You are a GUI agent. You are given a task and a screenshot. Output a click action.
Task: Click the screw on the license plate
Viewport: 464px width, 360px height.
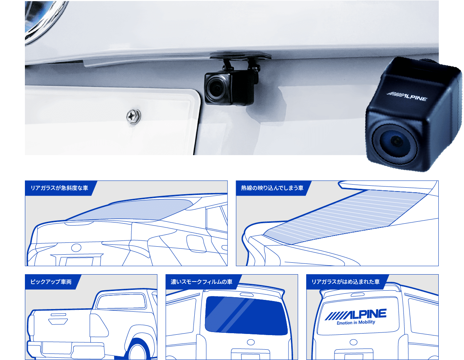133,116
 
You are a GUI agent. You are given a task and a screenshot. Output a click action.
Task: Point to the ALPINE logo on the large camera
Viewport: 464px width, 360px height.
407,97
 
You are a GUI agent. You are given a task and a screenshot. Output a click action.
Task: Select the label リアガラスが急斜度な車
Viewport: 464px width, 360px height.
59,188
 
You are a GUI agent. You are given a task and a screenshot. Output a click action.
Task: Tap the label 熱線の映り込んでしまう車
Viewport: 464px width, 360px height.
272,188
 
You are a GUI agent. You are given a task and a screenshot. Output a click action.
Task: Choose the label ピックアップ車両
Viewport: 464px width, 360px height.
51,282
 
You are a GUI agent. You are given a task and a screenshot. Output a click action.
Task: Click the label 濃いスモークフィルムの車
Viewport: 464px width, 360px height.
202,282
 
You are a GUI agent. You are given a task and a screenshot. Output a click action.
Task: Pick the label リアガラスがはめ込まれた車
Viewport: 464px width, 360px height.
346,282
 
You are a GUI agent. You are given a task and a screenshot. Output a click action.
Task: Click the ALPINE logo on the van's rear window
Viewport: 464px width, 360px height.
356,314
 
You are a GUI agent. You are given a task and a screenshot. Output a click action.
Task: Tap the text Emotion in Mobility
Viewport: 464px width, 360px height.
356,322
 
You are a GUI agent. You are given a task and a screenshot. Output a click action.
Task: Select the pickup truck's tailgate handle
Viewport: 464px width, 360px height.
58,321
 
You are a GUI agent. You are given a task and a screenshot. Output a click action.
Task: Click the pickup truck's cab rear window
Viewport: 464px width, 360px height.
121,301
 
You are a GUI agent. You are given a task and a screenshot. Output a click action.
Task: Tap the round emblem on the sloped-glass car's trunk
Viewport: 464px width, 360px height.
76,248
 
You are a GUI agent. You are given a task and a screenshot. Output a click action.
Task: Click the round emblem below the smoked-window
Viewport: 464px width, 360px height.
251,342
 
